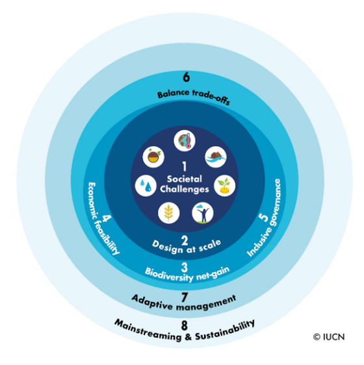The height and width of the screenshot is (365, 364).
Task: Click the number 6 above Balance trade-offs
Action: pyautogui.click(x=186, y=77)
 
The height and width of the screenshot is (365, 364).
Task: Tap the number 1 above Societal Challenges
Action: pyautogui.click(x=185, y=166)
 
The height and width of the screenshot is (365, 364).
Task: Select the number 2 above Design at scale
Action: pyautogui.click(x=185, y=240)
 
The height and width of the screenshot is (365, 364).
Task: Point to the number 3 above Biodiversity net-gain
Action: pyautogui.click(x=185, y=268)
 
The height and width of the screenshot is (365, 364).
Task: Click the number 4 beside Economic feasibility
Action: pyautogui.click(x=107, y=218)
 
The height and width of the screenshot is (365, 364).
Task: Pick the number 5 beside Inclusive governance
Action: pyautogui.click(x=264, y=218)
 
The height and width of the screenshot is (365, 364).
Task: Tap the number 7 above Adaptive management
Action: pyautogui.click(x=185, y=297)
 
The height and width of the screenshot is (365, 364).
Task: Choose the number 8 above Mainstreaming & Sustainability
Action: pyautogui.click(x=185, y=325)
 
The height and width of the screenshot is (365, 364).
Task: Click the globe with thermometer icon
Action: pyautogui.click(x=185, y=140)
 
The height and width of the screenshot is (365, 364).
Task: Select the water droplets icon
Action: pyautogui.click(x=146, y=186)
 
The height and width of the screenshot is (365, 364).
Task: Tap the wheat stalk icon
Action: pyautogui.click(x=169, y=213)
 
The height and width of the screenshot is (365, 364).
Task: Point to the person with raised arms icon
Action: pyautogui.click(x=203, y=213)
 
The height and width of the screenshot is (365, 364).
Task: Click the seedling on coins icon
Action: pyautogui.click(x=225, y=186)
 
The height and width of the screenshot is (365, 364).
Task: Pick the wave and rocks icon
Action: pyautogui.click(x=216, y=157)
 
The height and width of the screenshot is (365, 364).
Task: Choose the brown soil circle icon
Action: pyautogui.click(x=153, y=157)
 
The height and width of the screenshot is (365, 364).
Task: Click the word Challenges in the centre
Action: pyautogui.click(x=185, y=189)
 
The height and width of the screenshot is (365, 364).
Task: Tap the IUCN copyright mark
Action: pyautogui.click(x=329, y=337)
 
